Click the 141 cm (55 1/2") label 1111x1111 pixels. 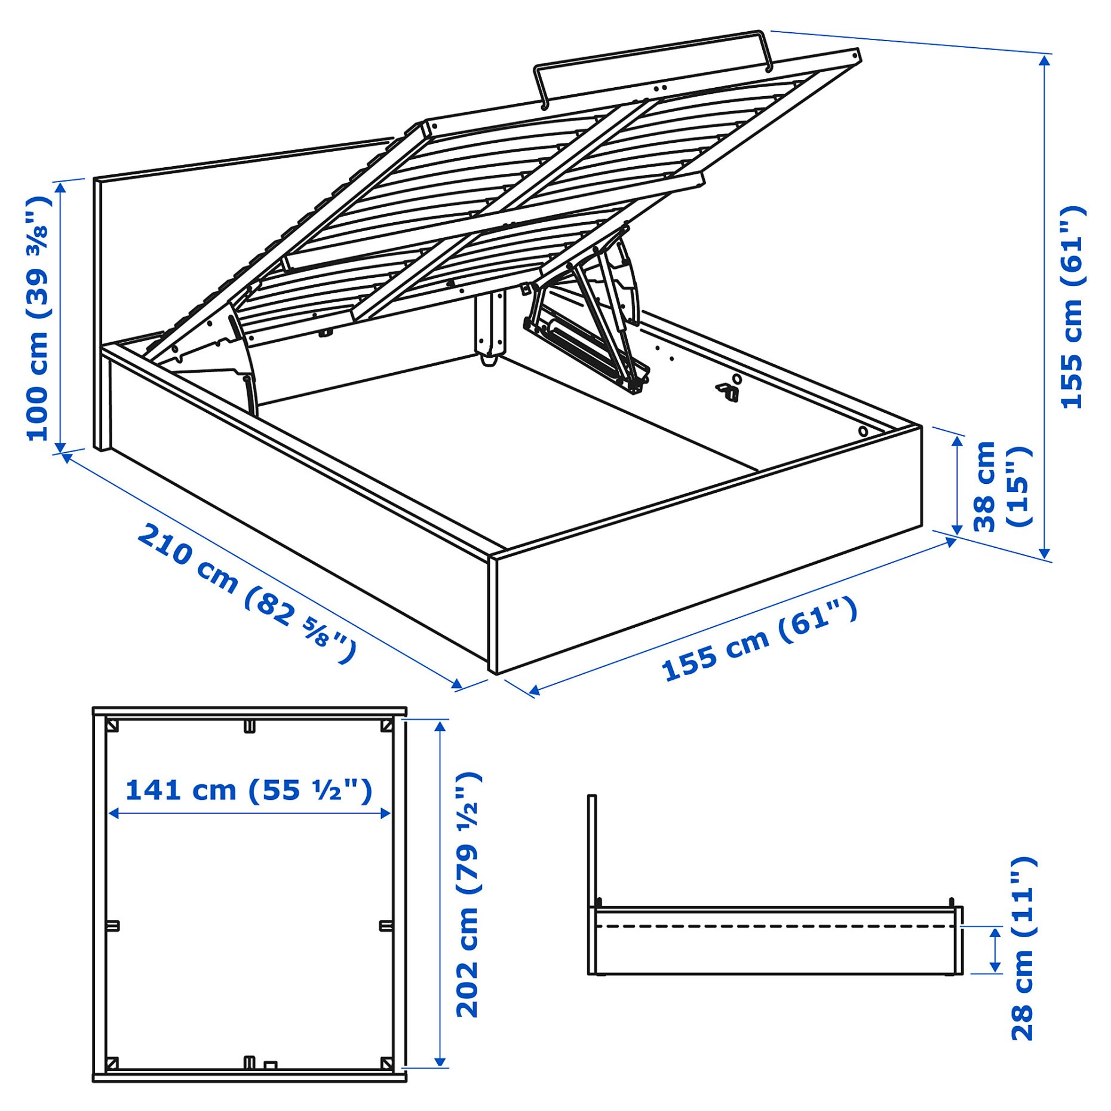(x=248, y=790)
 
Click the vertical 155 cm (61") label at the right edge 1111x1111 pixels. (x=1072, y=307)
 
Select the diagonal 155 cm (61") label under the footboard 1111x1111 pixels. (x=759, y=639)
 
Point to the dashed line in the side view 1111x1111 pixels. (x=777, y=926)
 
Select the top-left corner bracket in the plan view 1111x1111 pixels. (x=112, y=726)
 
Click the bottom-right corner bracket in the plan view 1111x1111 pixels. (x=386, y=1063)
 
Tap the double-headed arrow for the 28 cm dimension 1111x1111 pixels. (x=995, y=950)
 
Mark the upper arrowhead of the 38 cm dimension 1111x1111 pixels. (x=957, y=441)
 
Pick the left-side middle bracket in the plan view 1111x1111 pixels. (x=113, y=926)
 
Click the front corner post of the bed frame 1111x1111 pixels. (x=493, y=615)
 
